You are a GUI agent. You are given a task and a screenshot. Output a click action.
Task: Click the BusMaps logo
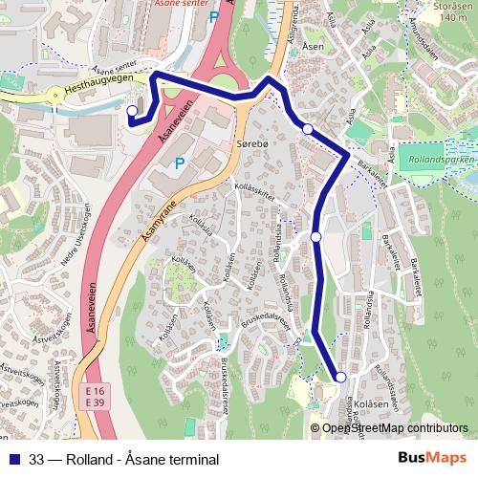point(432,459)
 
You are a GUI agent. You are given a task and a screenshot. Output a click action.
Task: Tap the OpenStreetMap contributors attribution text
point(395,428)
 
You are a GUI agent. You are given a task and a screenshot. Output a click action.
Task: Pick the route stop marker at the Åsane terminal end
point(133,111)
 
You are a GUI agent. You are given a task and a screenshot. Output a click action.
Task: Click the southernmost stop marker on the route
point(340,377)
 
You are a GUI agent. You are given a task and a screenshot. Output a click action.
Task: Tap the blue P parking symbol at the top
point(213,16)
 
